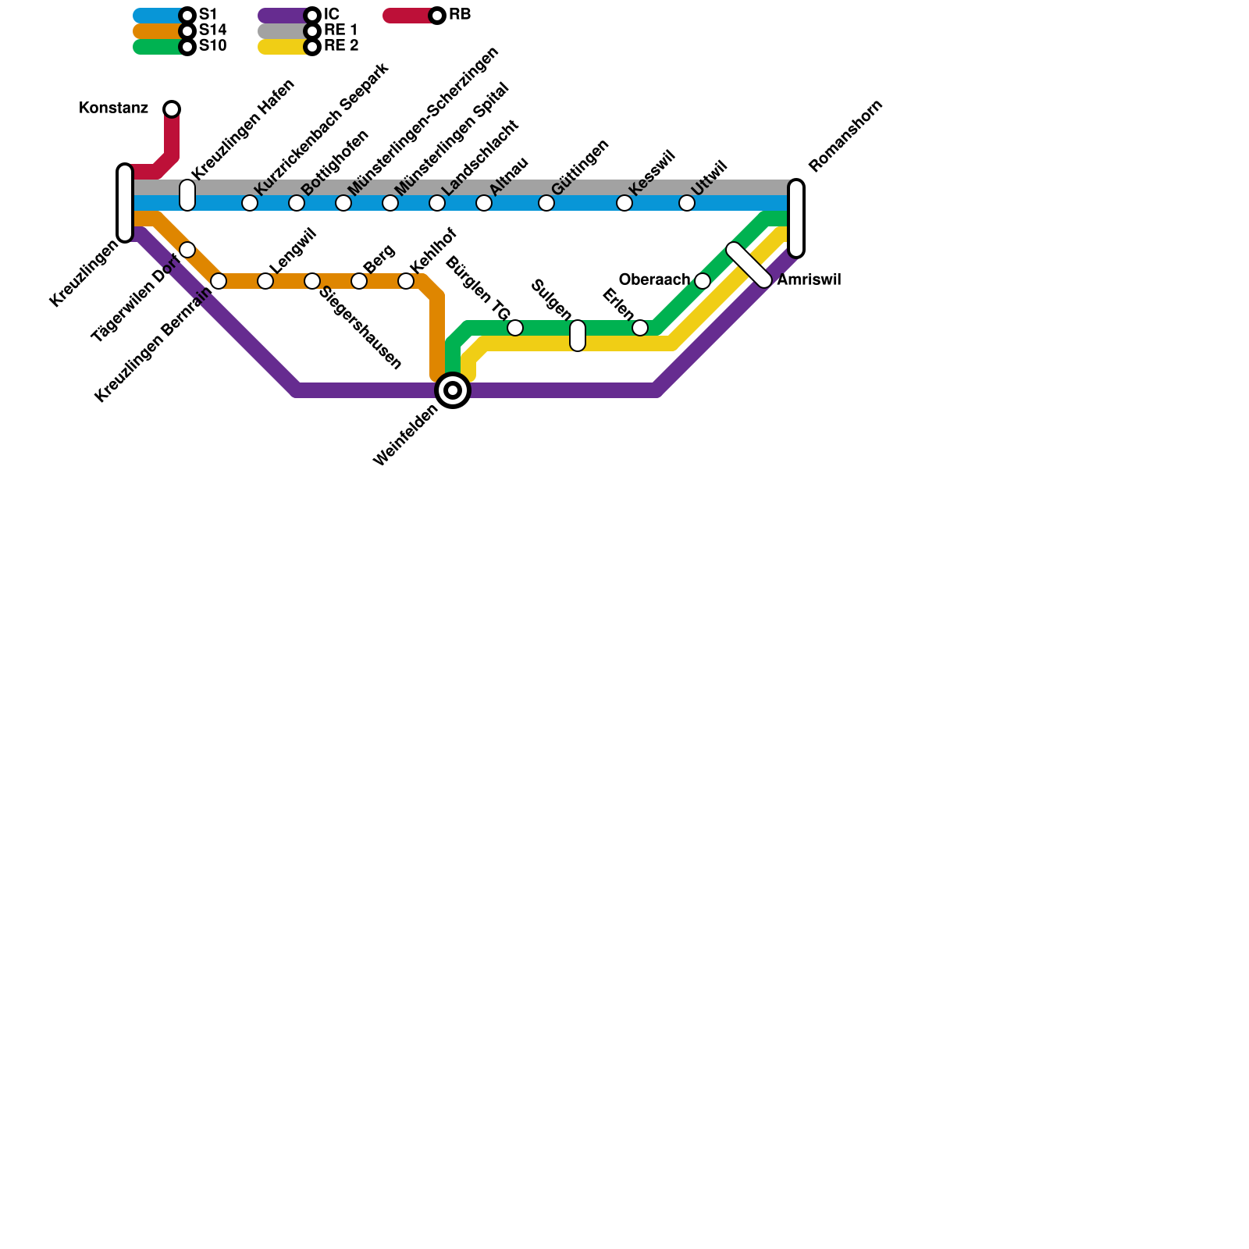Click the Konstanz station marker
(x=172, y=109)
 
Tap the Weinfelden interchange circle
(x=453, y=390)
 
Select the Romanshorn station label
(x=845, y=136)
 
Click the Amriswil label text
(x=809, y=280)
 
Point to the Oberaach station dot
(x=703, y=281)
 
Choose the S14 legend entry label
(x=212, y=30)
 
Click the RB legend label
(x=460, y=15)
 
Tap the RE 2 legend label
(x=341, y=46)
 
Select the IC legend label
(x=331, y=15)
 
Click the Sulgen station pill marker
(x=578, y=336)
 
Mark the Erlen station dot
(x=640, y=328)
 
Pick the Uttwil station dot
(x=687, y=203)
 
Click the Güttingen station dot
(x=546, y=203)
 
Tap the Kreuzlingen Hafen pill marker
(x=187, y=195)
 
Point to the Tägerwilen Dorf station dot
(x=187, y=250)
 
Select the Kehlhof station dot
(x=406, y=281)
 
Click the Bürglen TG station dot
(x=515, y=328)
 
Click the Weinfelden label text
(x=405, y=435)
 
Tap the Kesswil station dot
(x=624, y=203)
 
